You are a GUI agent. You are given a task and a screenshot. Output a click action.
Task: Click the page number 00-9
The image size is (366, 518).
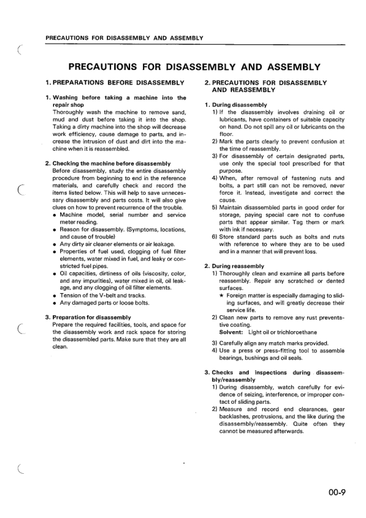(x=338, y=490)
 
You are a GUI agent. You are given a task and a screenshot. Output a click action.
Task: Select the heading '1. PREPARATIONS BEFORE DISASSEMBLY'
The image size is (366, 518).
(x=115, y=82)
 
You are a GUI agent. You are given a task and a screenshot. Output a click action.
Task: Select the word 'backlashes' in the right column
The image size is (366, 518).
(x=234, y=417)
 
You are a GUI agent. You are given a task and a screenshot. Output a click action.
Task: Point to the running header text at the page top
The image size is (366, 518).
(x=125, y=38)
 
